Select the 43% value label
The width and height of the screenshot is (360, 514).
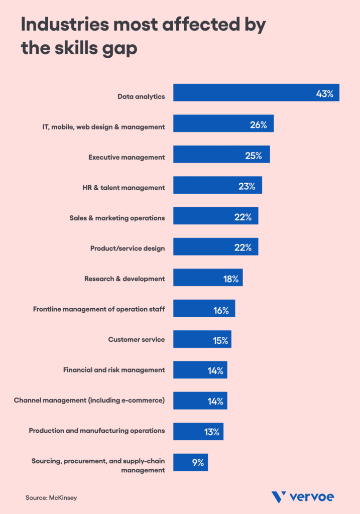[x=324, y=94]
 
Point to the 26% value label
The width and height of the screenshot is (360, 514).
[x=258, y=125]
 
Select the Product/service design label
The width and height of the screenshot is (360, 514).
[x=128, y=248]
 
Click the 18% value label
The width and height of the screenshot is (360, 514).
[x=231, y=279]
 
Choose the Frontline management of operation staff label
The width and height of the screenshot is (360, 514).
[x=99, y=309]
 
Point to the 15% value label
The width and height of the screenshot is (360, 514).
[x=220, y=340]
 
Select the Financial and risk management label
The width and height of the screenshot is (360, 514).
[x=114, y=370]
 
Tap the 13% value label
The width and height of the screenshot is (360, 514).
[x=212, y=432]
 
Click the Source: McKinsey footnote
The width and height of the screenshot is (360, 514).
[x=52, y=497]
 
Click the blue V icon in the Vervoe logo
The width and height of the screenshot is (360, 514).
[x=279, y=497]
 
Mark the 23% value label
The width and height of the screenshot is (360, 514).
[x=247, y=186]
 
